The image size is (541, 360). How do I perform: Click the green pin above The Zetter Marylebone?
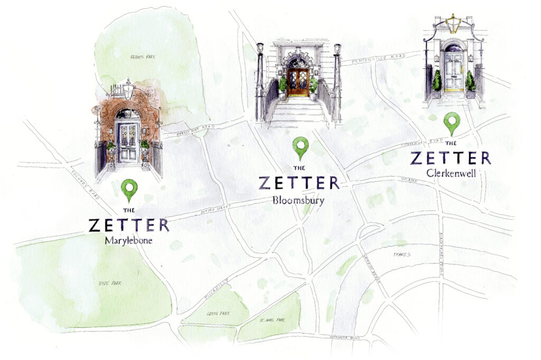click(129, 189)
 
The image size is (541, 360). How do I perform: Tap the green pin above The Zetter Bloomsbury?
click(301, 147)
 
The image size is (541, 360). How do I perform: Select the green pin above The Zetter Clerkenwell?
click(451, 122)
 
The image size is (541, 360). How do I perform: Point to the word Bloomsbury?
click(299, 200)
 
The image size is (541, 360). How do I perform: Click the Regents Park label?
click(140, 56)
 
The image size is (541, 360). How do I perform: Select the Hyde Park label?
click(110, 283)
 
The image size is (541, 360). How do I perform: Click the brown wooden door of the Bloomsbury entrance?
click(297, 82)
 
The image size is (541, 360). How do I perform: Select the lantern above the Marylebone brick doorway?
click(127, 90)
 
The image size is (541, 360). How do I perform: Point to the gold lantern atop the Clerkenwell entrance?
click(452, 24)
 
